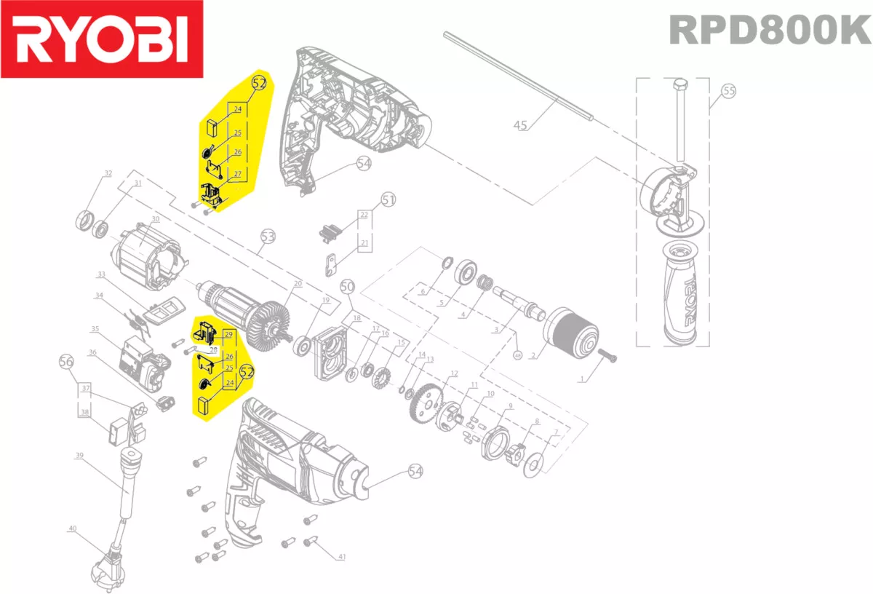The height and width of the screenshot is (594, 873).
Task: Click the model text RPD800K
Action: click(769, 31)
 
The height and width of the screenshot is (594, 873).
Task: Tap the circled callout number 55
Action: click(728, 92)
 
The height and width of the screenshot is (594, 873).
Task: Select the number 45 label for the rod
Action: click(520, 125)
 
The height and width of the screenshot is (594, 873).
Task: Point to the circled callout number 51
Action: click(388, 199)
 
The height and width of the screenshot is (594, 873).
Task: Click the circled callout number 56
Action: click(66, 361)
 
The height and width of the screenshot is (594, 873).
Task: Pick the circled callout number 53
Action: click(268, 237)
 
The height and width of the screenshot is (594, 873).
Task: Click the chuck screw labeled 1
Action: click(608, 355)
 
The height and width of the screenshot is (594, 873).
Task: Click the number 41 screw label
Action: click(341, 557)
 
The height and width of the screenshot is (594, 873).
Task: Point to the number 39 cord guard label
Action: click(79, 456)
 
